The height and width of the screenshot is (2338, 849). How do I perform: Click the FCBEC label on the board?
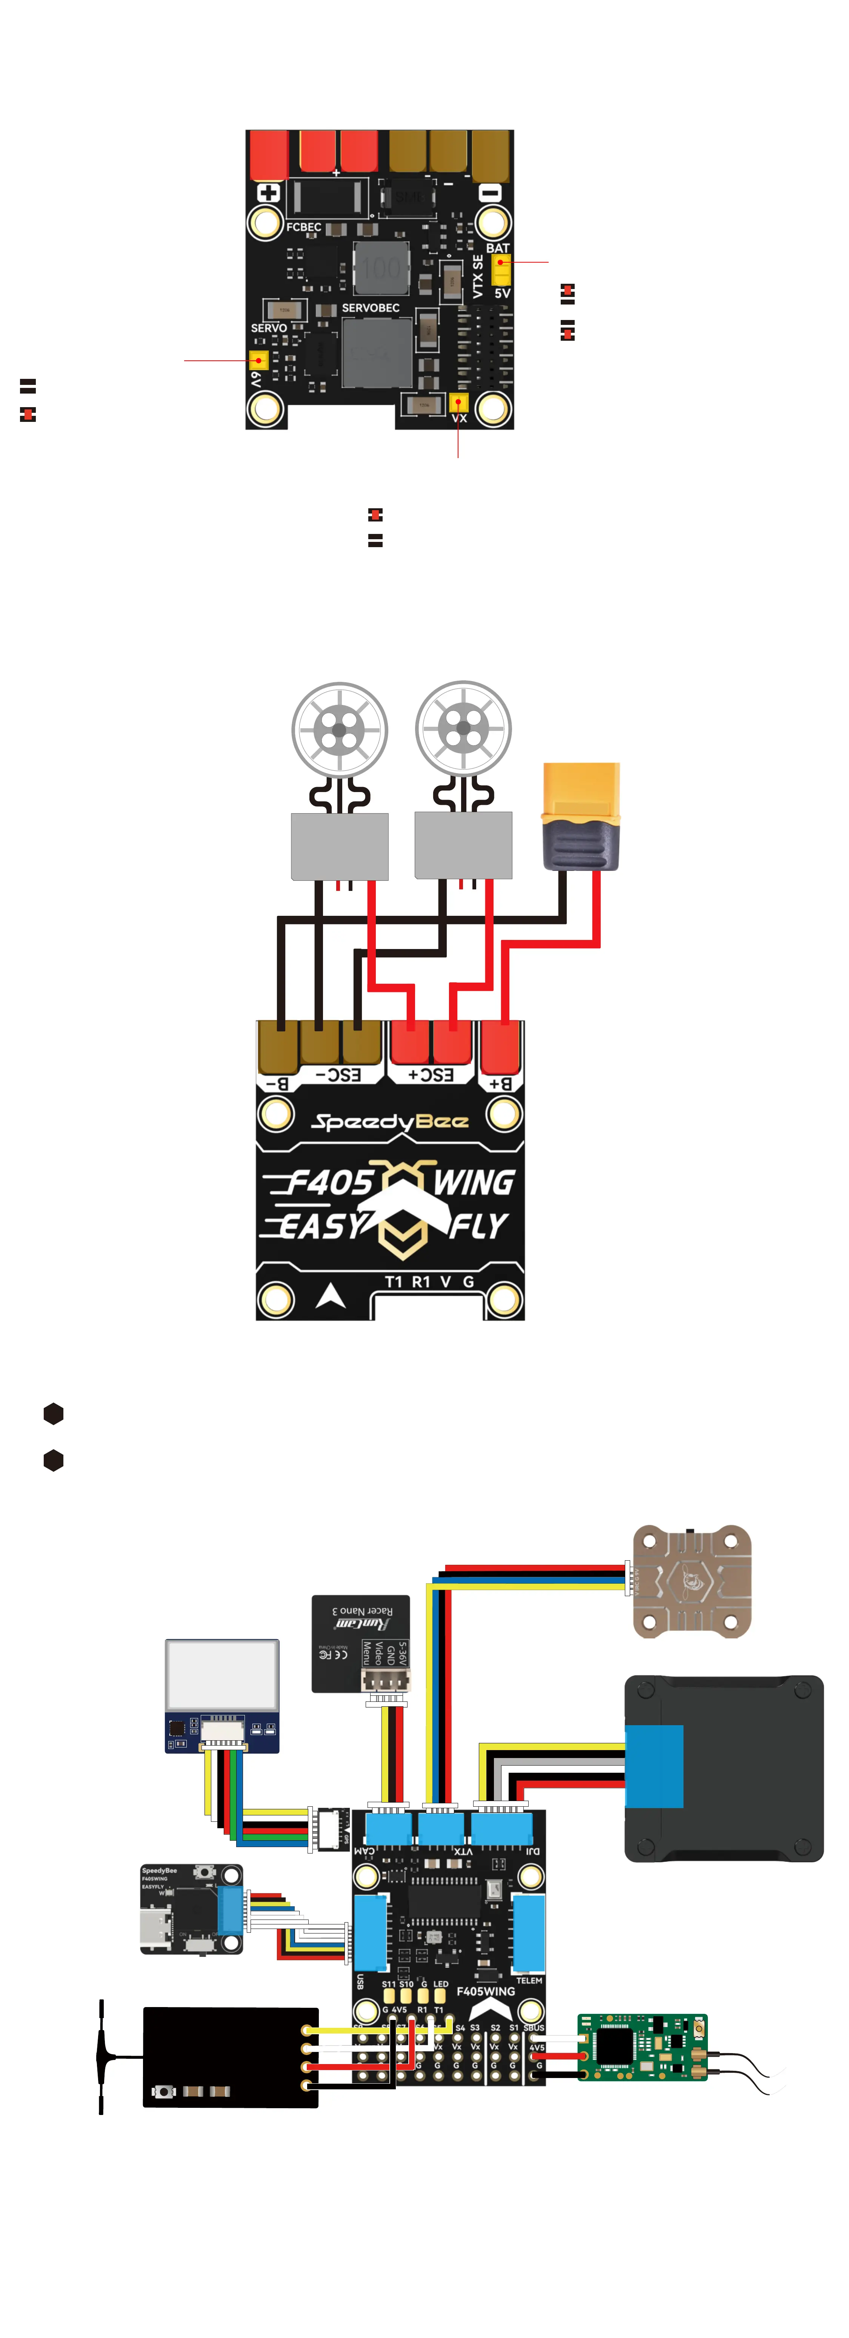(x=303, y=227)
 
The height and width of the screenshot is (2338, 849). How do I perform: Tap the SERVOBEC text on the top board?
(x=371, y=308)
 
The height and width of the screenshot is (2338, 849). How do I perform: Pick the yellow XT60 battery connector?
(x=580, y=815)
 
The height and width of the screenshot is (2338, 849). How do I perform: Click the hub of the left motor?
(x=340, y=729)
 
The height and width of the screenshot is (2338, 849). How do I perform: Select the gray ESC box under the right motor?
(x=463, y=845)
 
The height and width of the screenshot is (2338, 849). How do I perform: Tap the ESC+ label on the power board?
(x=431, y=1075)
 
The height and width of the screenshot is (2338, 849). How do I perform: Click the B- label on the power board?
(x=277, y=1083)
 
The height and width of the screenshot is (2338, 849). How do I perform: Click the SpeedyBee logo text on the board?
(x=391, y=1122)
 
